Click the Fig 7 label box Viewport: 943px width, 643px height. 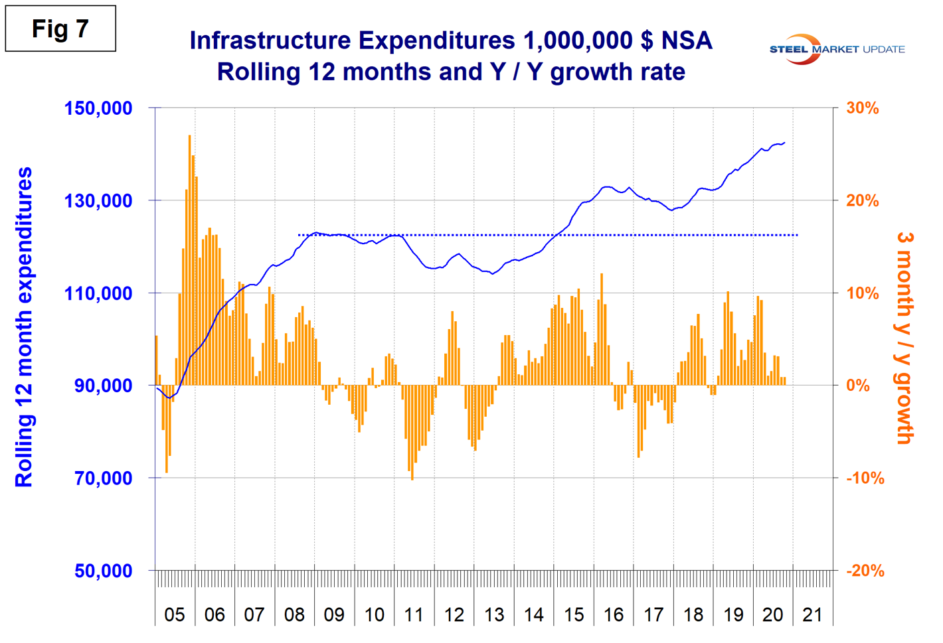(60, 29)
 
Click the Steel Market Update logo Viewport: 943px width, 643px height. (837, 49)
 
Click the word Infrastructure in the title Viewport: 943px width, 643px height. (270, 40)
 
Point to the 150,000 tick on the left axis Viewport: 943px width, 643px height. (98, 108)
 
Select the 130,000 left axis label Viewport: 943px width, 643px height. (98, 200)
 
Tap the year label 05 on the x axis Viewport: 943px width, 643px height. (175, 614)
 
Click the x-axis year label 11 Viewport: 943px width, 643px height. (414, 614)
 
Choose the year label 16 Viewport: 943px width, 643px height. (614, 614)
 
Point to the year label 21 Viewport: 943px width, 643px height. (812, 614)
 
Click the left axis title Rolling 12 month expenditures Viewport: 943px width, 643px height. (24, 326)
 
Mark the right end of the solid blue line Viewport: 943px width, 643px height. (785, 142)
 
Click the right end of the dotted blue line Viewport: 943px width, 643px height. (797, 235)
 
